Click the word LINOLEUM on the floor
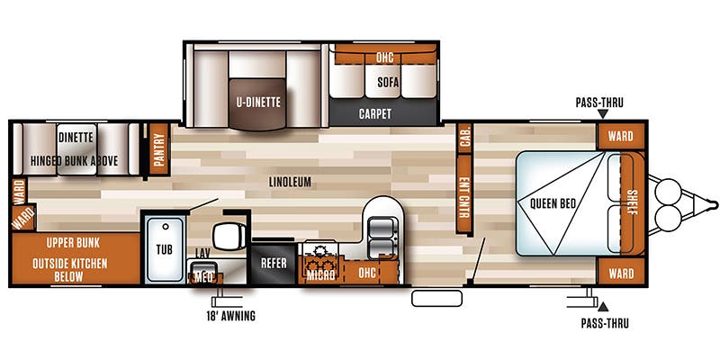coord(290,182)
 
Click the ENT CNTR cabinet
coord(465,193)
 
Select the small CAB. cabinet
coord(465,136)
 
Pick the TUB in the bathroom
coord(164,248)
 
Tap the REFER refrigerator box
coord(273,263)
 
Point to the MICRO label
coord(320,274)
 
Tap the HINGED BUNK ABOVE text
coord(76,162)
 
